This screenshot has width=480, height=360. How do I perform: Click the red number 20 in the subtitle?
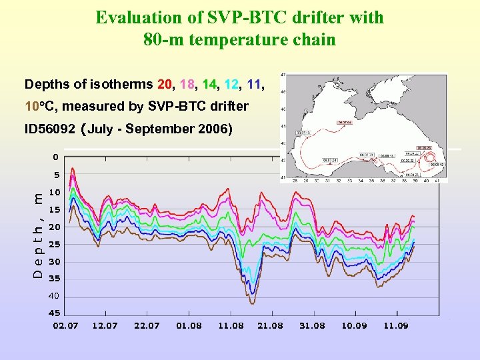point(165,85)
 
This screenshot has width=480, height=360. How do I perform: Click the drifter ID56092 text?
point(49,129)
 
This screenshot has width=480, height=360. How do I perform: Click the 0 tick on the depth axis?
point(56,157)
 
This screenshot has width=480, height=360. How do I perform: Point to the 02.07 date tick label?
point(65,325)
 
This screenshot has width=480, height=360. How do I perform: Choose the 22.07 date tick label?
point(147,325)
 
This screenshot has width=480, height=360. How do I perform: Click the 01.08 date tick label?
point(189,325)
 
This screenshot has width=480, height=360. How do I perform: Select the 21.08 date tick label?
point(271,325)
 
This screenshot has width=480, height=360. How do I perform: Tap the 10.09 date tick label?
point(354,325)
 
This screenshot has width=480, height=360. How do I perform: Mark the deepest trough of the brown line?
point(252,303)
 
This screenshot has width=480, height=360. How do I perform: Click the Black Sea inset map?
point(364,127)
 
